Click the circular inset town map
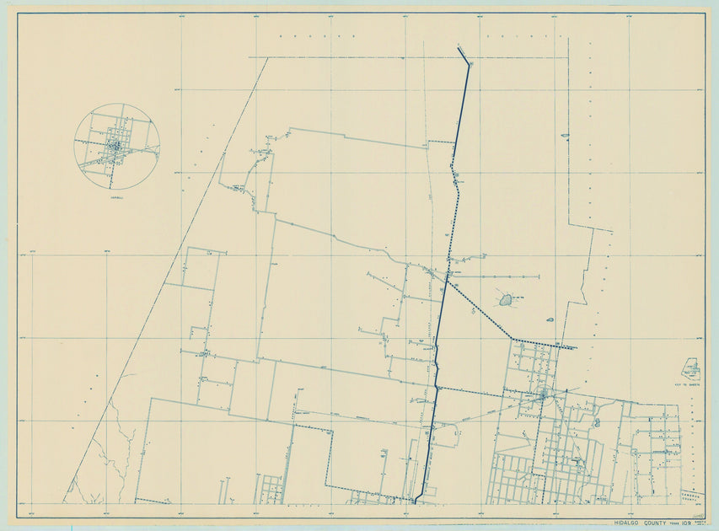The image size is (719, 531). pyautogui.click(x=116, y=146)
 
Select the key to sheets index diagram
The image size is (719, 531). pyautogui.click(x=690, y=368)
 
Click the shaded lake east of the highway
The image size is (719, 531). pyautogui.click(x=505, y=299)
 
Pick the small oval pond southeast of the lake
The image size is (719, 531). pyautogui.click(x=550, y=319)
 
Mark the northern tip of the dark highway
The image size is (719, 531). pyautogui.click(x=459, y=48)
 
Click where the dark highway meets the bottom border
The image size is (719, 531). pyautogui.click(x=415, y=503)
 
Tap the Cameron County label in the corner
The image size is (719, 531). pyautogui.click(x=693, y=496)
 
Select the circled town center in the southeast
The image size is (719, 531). pyautogui.click(x=545, y=393)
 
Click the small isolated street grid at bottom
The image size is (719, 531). pyautogui.click(x=270, y=486)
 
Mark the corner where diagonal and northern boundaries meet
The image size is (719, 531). pyautogui.click(x=268, y=57)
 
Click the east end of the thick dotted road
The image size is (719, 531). pyautogui.click(x=575, y=347)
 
